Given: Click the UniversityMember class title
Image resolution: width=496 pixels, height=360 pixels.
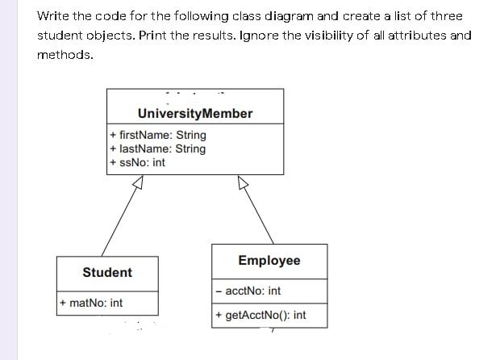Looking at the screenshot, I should point(195,114).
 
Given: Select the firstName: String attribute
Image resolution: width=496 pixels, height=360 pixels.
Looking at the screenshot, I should point(158,135).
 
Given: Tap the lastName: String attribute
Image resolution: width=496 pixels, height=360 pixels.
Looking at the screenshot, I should point(158,149).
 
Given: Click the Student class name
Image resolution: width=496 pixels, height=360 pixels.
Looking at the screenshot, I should point(107,272).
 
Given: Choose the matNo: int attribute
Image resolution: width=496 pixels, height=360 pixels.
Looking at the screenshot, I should point(92,303).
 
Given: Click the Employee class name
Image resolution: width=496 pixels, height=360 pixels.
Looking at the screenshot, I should point(269,260).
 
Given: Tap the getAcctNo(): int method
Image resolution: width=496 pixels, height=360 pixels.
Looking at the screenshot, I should point(261,315).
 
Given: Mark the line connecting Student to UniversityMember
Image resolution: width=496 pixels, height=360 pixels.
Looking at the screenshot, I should point(119,221).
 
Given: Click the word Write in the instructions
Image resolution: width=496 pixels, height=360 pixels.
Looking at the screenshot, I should point(53,16).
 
